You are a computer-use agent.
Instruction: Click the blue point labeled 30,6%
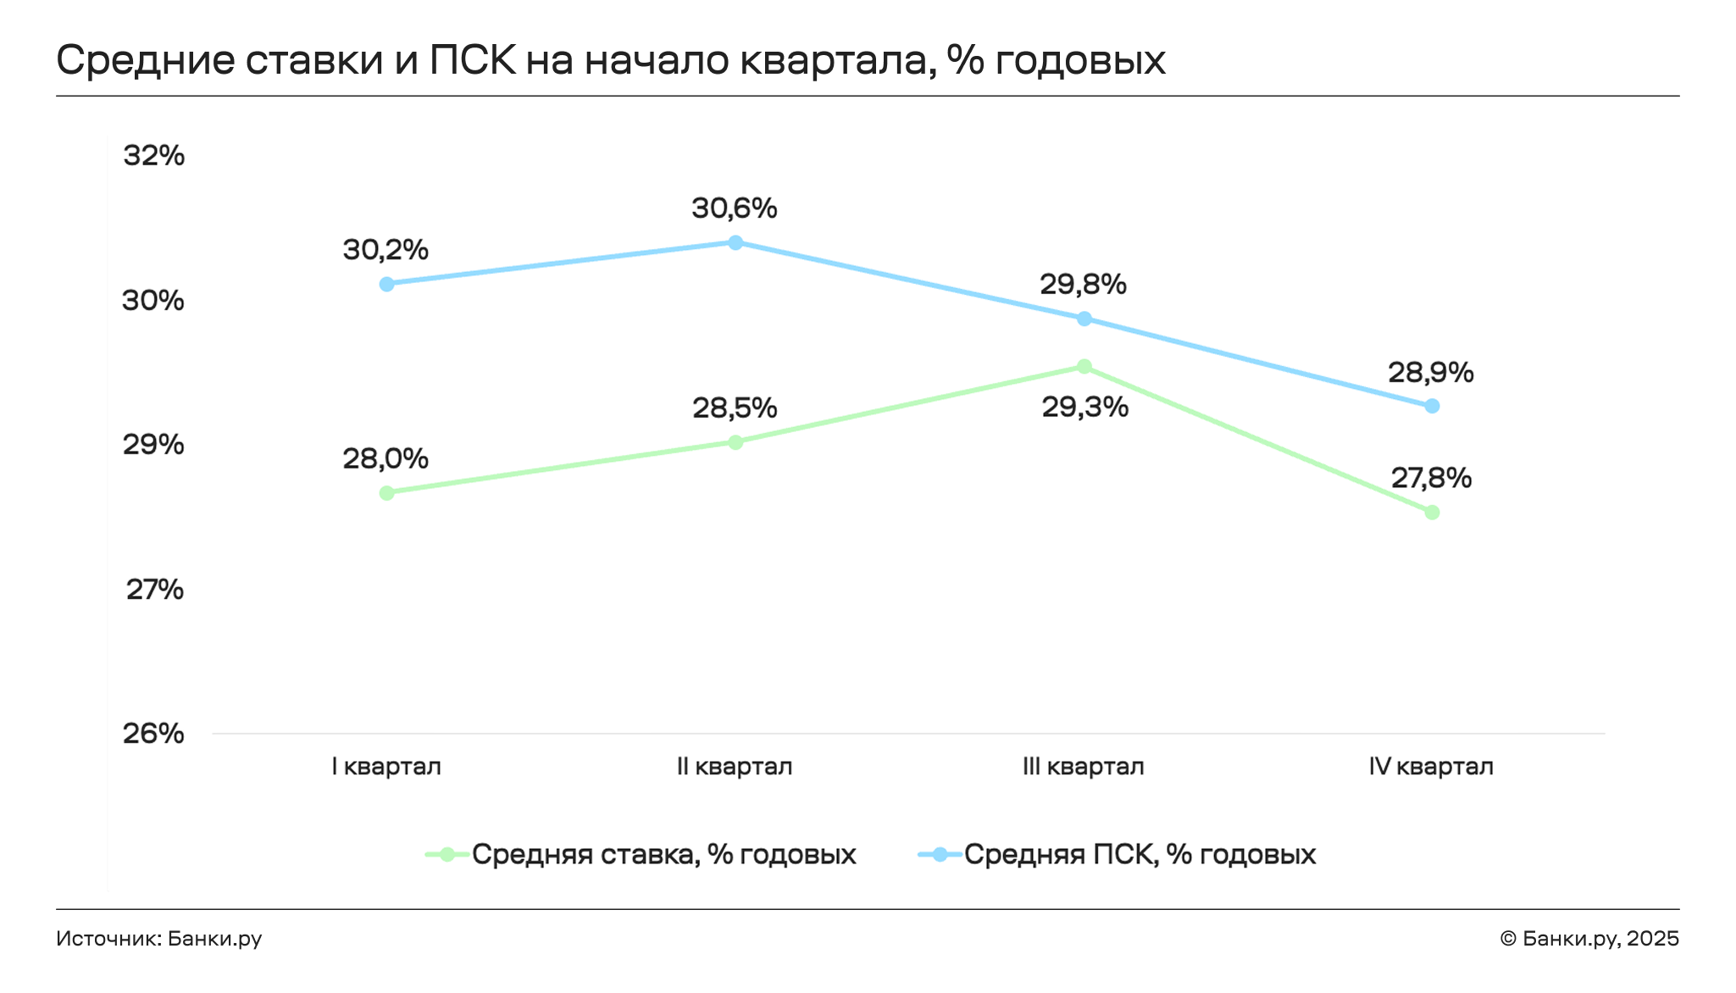[x=735, y=243]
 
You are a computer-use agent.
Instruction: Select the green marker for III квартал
[x=1084, y=367]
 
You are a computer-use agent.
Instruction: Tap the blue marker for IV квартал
[x=1432, y=407]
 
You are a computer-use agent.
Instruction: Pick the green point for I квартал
[x=387, y=493]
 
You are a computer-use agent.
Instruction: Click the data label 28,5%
[x=735, y=408]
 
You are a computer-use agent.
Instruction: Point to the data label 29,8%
[x=1083, y=285]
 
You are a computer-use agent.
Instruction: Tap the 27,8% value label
[x=1431, y=479]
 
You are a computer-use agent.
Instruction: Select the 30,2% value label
[x=385, y=250]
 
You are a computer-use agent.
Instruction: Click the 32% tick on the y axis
[x=153, y=156]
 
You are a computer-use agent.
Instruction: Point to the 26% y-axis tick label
[x=153, y=734]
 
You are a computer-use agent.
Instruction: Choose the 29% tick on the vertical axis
[x=153, y=445]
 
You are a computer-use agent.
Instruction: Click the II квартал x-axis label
[x=735, y=767]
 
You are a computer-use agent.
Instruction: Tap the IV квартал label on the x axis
[x=1431, y=767]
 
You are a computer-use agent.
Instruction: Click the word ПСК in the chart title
[x=473, y=60]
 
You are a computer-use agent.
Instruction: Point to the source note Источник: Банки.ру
[x=159, y=939]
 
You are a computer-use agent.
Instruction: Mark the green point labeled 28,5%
[x=735, y=442]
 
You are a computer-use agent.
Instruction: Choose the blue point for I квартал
[x=387, y=284]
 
